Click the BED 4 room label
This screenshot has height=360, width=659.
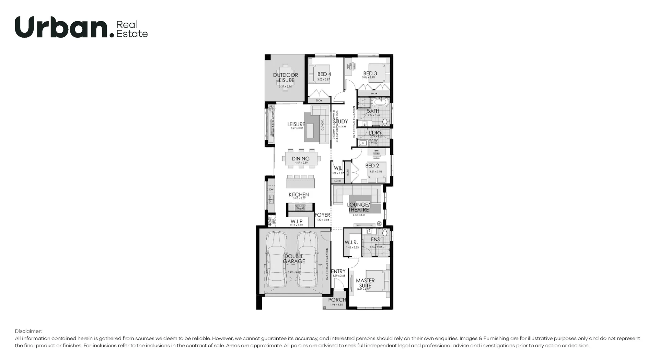tap(324, 74)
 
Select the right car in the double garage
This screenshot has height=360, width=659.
tap(307, 260)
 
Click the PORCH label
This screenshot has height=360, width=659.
tap(337, 300)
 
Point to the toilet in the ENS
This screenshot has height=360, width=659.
tap(385, 233)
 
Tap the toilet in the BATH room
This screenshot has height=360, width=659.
tap(385, 122)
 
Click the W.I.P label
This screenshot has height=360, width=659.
tap(297, 221)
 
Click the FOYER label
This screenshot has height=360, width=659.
tap(322, 215)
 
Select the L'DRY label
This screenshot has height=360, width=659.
tap(375, 132)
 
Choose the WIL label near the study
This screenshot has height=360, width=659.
tap(338, 168)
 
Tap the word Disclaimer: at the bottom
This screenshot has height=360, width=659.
tap(28, 331)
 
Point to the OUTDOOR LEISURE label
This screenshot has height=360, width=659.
tap(285, 78)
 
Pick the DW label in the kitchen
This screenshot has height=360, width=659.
tap(271, 189)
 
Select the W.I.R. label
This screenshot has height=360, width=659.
tap(351, 242)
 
